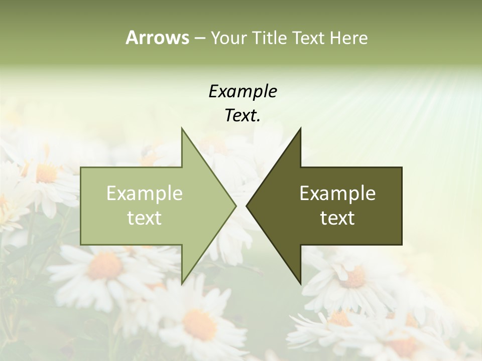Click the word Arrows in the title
tap(157, 38)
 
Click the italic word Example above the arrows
tap(243, 91)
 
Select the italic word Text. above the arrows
tap(243, 116)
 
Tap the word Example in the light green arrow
tap(145, 194)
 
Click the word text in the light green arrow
tap(145, 218)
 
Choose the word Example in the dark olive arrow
tap(337, 194)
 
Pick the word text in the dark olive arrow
tap(337, 218)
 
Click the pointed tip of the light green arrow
tap(235, 206)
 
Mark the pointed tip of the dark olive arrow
tap(247, 206)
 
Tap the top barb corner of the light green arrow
tap(182, 129)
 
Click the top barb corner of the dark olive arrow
tap(300, 129)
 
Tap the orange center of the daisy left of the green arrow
tap(46, 173)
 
